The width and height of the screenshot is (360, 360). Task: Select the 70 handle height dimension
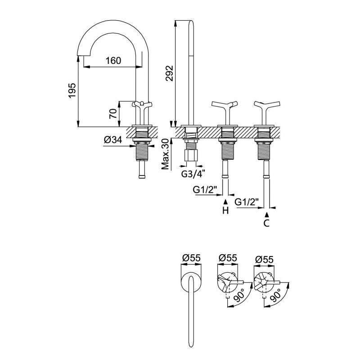113,110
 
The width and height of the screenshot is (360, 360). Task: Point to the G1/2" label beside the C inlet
247,202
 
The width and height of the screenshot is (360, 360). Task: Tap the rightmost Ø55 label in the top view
264,258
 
